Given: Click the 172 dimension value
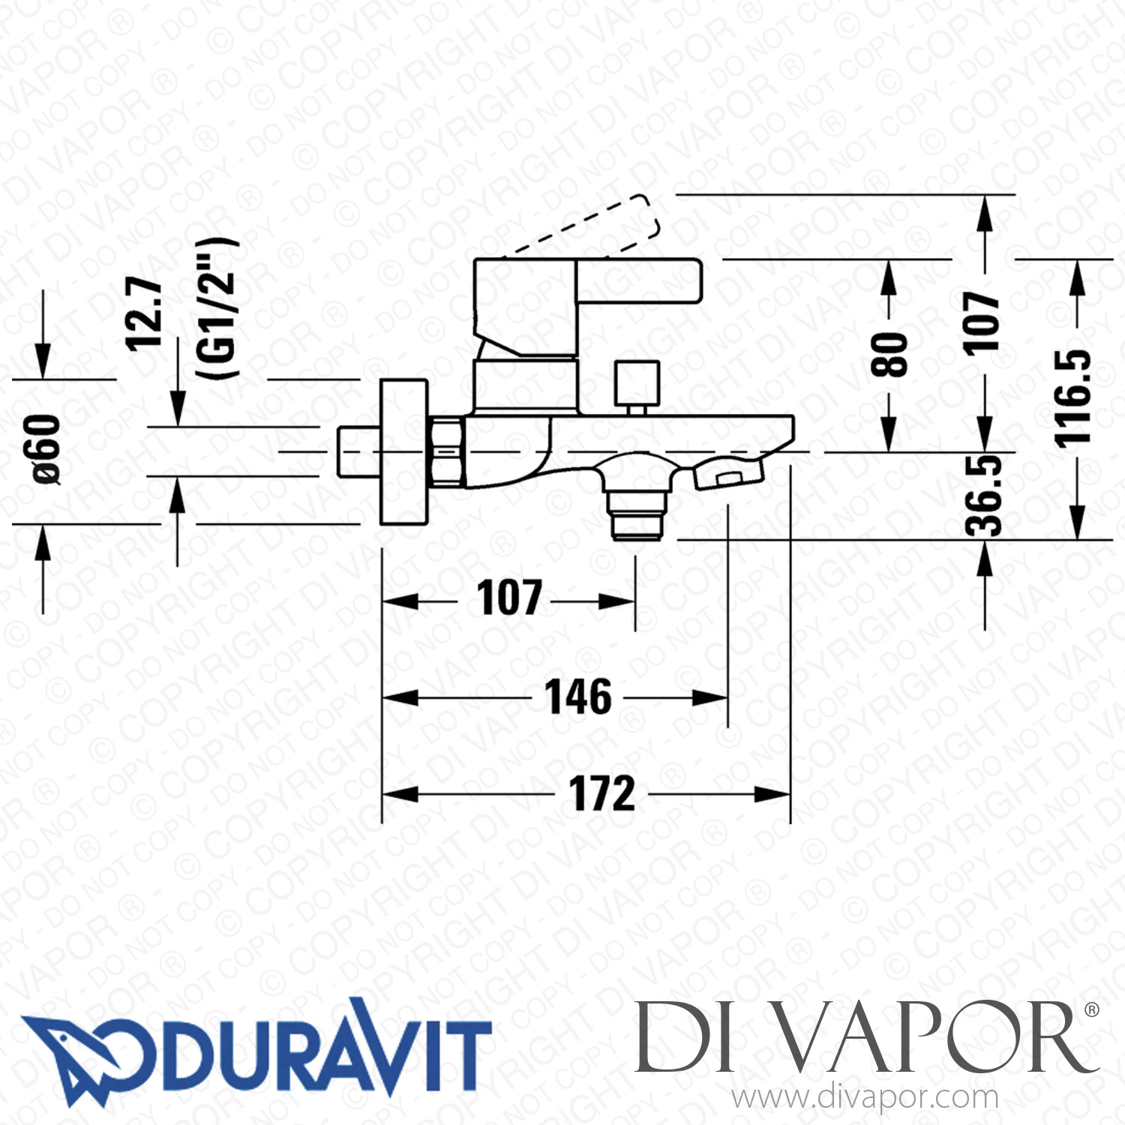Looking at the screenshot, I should click(602, 794).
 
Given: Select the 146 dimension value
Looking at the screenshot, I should click(577, 697).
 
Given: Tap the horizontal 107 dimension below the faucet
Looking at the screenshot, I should click(509, 598).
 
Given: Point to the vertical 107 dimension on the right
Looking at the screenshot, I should click(982, 322).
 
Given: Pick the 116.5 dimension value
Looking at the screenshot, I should click(1073, 397).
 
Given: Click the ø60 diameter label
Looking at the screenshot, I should click(45, 448).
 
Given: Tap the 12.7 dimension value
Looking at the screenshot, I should click(144, 313).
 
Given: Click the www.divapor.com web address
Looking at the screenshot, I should click(865, 1098).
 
